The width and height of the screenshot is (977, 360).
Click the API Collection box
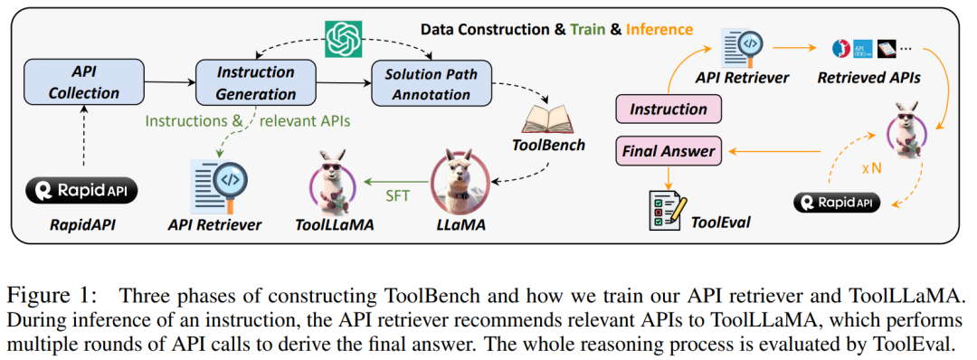(84, 82)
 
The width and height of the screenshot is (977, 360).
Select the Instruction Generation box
(256, 82)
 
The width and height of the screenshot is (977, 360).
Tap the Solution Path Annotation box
(432, 82)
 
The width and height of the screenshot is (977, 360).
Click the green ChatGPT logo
(345, 39)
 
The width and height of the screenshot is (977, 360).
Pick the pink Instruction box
(669, 109)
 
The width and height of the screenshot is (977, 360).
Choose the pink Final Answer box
(669, 150)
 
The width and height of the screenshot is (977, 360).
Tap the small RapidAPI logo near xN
(837, 203)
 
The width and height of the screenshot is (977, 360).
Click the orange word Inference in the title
(659, 29)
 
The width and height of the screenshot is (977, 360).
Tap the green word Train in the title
(588, 29)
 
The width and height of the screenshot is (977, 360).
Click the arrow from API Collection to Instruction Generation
(169, 81)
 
